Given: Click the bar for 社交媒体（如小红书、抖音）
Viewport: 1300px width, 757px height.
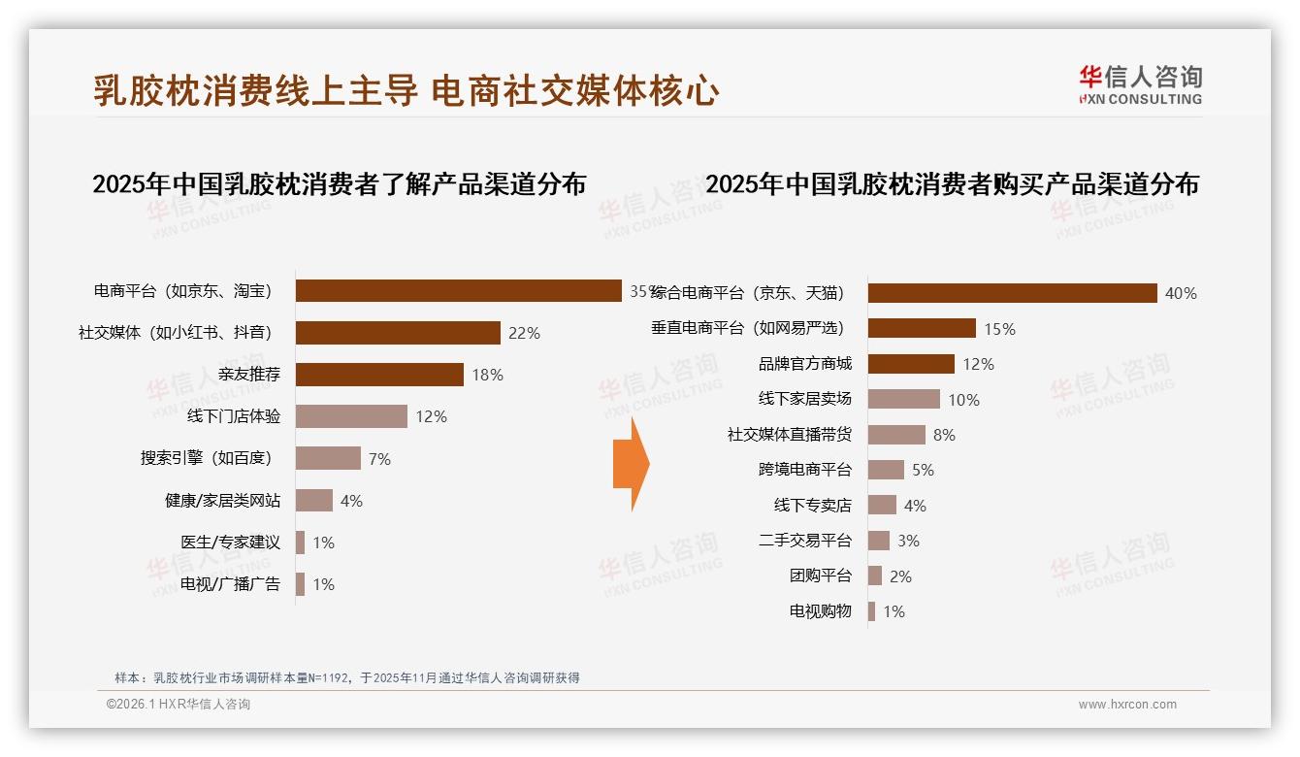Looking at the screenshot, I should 398,333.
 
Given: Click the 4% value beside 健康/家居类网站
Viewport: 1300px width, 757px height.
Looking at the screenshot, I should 351,501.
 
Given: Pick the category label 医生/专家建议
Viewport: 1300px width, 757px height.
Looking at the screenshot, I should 230,543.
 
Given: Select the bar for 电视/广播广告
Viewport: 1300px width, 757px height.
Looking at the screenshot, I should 301,584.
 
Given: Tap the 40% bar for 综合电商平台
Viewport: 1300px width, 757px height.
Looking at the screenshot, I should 1012,293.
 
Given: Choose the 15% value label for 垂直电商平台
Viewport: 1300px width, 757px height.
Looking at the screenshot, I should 999,329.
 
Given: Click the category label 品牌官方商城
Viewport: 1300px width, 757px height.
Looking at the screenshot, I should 804,364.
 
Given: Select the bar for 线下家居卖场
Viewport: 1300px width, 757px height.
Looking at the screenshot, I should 903,399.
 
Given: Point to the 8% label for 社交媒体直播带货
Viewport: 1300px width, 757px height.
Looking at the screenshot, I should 943,435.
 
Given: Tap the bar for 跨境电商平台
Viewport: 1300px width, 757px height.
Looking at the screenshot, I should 886,470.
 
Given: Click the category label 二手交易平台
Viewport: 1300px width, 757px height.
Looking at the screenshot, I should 804,541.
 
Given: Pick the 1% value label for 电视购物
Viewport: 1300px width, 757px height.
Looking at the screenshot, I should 894,611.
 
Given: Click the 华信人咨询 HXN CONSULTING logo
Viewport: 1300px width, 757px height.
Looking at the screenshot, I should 1140,85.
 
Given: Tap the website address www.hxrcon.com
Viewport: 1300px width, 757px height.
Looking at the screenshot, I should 1127,705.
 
